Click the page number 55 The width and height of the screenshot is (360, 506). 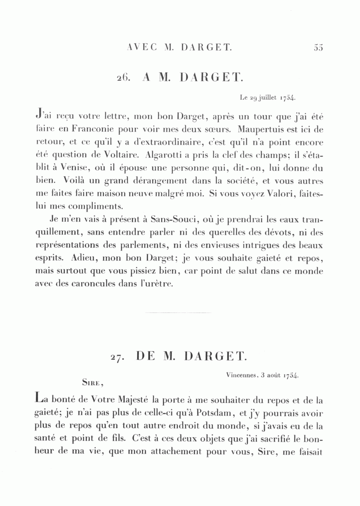[x=318, y=48]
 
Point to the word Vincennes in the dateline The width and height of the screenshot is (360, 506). [x=240, y=375]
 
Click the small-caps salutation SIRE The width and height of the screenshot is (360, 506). [x=93, y=382]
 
